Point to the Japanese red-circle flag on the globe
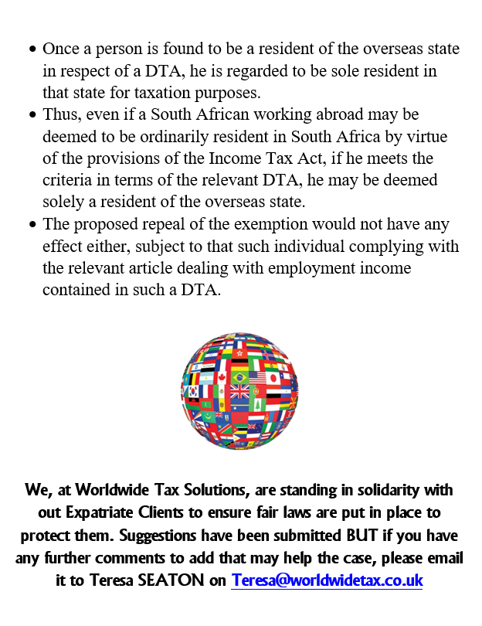pyautogui.click(x=272, y=378)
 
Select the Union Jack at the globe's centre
pyautogui.click(x=240, y=392)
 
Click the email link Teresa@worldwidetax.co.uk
pyautogui.click(x=327, y=580)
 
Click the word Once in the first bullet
pyautogui.click(x=60, y=49)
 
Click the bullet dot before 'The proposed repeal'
pyautogui.click(x=32, y=225)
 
